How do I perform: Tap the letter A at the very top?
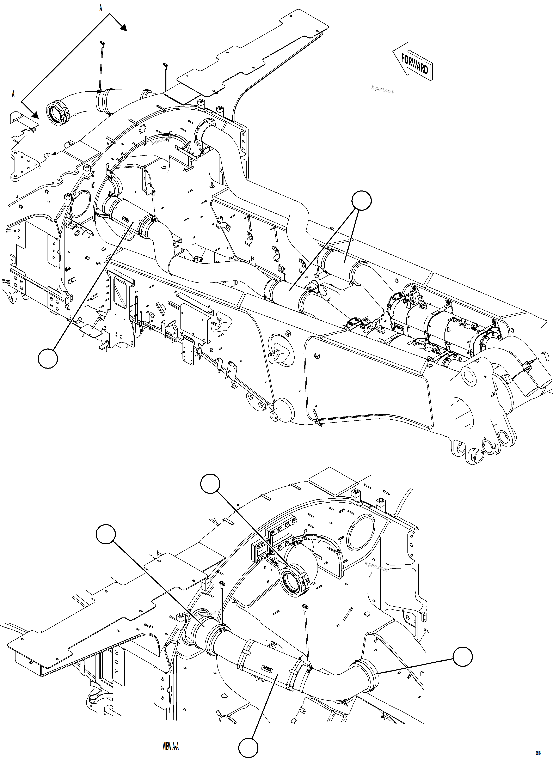100,8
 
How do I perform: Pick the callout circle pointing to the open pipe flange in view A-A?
210,484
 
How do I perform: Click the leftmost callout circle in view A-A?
106,535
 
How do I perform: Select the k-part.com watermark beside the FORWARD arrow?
383,90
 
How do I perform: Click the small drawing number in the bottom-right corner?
547,752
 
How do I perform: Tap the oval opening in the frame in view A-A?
361,533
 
